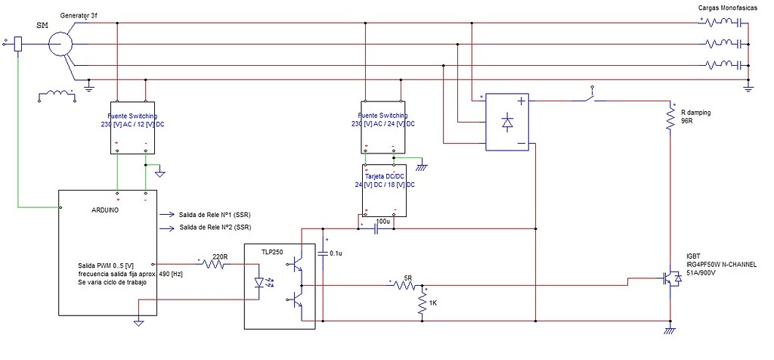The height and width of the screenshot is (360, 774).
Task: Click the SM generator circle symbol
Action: (x=58, y=44)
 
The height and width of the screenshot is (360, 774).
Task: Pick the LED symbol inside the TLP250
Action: (x=264, y=283)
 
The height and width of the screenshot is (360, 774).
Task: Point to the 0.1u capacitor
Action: (x=324, y=252)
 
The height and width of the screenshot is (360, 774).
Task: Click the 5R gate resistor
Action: (x=407, y=286)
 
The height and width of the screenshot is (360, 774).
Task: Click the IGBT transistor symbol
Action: (x=671, y=278)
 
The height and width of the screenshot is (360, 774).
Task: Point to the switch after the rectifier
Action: (x=593, y=97)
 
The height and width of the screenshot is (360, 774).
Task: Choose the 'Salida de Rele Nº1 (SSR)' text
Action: (x=215, y=214)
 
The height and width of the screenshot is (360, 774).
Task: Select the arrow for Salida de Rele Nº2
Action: (x=166, y=227)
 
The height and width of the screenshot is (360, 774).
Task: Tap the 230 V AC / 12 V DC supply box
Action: (x=132, y=127)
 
